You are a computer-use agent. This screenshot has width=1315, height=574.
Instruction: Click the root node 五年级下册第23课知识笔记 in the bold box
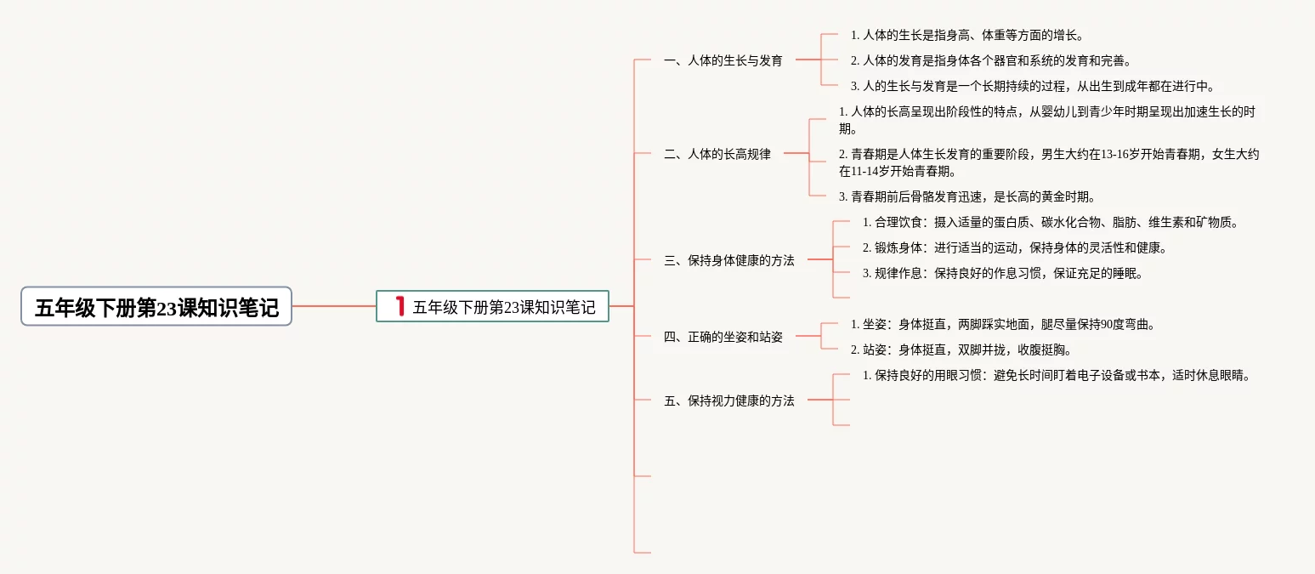pos(156,307)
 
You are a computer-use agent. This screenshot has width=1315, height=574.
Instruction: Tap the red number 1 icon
pos(399,306)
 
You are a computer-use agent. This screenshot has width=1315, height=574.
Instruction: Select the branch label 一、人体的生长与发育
pos(723,61)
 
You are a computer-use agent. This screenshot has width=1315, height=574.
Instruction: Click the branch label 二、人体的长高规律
pos(717,155)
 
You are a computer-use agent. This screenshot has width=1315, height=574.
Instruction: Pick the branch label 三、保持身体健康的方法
pos(729,261)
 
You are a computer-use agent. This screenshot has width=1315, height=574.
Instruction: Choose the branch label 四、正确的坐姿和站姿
pos(723,337)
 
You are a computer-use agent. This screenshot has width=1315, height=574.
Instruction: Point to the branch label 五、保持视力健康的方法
pos(729,401)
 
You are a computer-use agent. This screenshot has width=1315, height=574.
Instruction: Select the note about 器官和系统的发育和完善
pos(991,61)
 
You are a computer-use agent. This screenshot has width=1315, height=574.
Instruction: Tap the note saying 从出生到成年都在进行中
pos(1033,86)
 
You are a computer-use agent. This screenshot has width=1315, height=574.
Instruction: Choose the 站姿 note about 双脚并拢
pos(961,350)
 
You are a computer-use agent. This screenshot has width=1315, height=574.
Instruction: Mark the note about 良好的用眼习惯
pos(1057,376)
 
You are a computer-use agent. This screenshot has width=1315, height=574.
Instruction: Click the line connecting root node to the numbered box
pos(334,306)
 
